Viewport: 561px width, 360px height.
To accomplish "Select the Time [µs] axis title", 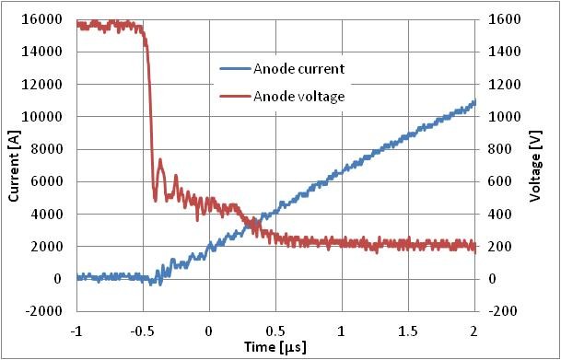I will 275,347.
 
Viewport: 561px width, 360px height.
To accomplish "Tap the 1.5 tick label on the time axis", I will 408,328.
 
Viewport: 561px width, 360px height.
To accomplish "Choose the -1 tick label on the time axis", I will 76,328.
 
